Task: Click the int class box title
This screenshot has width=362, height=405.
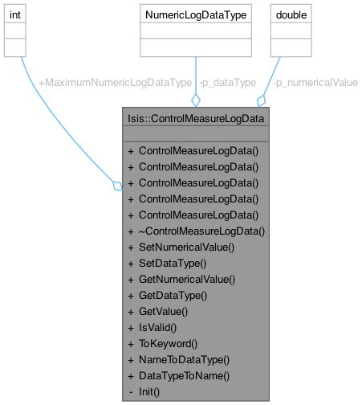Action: (15, 14)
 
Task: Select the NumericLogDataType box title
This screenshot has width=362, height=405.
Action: (195, 14)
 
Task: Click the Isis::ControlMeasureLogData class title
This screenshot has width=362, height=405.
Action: (196, 119)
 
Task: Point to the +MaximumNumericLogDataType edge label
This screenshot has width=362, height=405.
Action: (115, 82)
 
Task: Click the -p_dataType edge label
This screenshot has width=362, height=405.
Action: (227, 82)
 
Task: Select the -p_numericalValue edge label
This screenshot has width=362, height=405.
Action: (315, 82)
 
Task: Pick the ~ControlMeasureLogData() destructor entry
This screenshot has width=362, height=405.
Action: (201, 231)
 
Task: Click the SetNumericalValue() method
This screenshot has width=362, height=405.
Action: (186, 247)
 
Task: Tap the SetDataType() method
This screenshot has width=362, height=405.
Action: (172, 263)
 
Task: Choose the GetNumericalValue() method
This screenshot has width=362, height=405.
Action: (187, 279)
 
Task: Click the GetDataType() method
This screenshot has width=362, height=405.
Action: (173, 295)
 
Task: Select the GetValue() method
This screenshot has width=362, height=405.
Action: (163, 311)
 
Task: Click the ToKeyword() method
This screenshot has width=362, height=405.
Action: (168, 343)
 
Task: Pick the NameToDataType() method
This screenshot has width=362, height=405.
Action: (184, 359)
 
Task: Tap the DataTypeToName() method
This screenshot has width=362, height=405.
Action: (184, 375)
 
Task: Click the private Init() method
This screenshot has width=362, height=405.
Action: (149, 391)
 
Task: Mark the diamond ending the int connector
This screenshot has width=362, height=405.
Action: (117, 186)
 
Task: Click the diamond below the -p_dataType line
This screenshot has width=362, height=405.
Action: (195, 100)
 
